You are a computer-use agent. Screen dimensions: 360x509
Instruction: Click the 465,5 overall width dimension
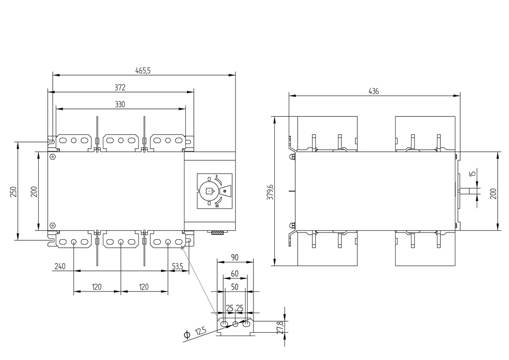pyautogui.click(x=143, y=71)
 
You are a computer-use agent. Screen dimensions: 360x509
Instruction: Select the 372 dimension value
pyautogui.click(x=120, y=88)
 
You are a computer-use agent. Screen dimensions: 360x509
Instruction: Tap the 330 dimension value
pyautogui.click(x=120, y=104)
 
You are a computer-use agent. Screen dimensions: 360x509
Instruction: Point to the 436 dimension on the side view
pyautogui.click(x=374, y=91)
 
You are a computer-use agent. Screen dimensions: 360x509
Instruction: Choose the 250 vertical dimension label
pyautogui.click(x=13, y=191)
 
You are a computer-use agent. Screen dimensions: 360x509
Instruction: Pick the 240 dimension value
pyautogui.click(x=60, y=267)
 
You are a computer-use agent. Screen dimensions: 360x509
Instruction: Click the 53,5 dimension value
pyautogui.click(x=177, y=267)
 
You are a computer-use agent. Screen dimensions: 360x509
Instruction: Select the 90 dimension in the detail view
pyautogui.click(x=235, y=258)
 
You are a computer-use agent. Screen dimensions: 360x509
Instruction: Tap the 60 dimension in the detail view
pyautogui.click(x=235, y=274)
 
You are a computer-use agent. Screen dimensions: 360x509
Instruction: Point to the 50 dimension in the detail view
pyautogui.click(x=235, y=287)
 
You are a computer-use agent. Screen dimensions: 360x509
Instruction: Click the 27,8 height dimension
pyautogui.click(x=280, y=327)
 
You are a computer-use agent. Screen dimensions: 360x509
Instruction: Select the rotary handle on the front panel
pyautogui.click(x=210, y=190)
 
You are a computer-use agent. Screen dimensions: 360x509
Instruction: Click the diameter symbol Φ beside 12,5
pyautogui.click(x=187, y=336)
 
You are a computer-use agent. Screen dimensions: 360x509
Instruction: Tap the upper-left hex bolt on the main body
pyautogui.click(x=53, y=156)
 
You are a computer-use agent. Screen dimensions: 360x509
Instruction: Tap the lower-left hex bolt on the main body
pyautogui.click(x=53, y=225)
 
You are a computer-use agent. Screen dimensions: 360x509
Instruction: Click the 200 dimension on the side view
pyautogui.click(x=493, y=192)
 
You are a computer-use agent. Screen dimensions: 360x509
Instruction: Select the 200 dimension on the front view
pyautogui.click(x=34, y=191)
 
